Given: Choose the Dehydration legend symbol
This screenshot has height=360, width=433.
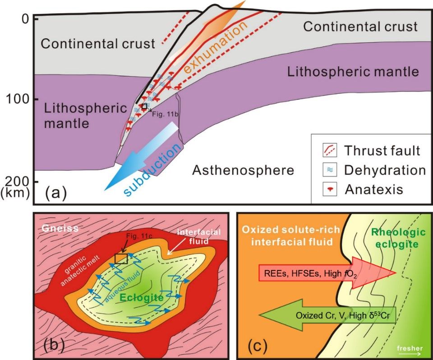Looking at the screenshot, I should [x=328, y=170].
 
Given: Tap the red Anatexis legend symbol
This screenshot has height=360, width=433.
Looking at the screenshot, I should [x=329, y=190].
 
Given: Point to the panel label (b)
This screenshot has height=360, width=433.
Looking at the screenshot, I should [x=54, y=346].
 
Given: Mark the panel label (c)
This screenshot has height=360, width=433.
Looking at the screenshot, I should [x=258, y=346].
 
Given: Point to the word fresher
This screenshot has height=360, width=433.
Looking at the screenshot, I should [x=410, y=347].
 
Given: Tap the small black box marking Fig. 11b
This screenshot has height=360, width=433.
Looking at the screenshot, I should [x=144, y=106].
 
